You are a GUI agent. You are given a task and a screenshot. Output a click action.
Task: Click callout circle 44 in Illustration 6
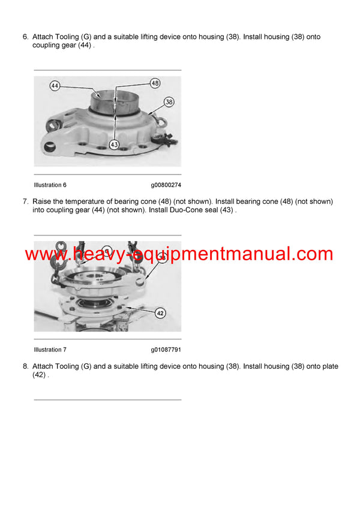tap(55, 86)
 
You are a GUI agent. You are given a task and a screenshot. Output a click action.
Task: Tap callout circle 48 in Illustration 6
tap(155, 83)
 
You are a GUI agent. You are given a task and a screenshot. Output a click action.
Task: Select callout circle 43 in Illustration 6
tap(115, 144)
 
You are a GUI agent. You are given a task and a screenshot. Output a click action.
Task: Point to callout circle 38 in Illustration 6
tap(169, 103)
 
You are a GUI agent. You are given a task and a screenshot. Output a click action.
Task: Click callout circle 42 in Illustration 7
tap(160, 312)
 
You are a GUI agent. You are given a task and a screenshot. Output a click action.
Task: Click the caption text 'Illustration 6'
tap(50, 185)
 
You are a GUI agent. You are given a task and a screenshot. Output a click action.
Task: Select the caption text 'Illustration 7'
tap(50, 350)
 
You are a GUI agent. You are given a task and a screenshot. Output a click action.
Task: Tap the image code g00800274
tap(166, 185)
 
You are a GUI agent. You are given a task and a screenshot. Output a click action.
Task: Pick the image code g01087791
tap(166, 350)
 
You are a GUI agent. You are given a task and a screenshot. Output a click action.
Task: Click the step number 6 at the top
tap(25, 37)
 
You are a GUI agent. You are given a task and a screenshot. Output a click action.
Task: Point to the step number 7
tap(25, 202)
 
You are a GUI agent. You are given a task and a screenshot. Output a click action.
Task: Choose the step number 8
tap(25, 366)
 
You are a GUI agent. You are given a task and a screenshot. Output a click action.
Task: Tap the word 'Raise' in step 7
tap(43, 202)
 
